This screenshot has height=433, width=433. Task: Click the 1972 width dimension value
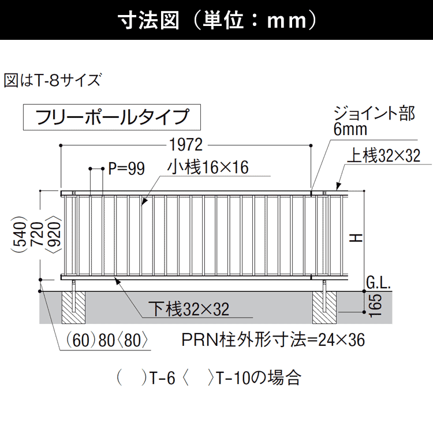186,144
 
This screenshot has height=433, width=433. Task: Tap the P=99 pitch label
126,169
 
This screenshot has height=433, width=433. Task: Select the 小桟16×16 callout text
208,167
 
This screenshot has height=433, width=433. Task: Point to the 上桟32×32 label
384,155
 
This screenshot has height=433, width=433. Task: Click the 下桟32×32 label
189,309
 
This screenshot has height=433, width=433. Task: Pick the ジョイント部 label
374,113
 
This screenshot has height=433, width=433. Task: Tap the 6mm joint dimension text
350,129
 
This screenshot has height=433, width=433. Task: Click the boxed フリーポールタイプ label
112,117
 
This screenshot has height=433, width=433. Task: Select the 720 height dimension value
37,234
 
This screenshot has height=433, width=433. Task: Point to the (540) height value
19,234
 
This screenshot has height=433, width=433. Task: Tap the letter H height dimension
356,238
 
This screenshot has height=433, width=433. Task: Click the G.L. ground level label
378,283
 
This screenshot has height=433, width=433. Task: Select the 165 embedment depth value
376,305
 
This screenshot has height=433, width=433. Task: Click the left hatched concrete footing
73,307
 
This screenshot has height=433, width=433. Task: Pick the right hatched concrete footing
324,307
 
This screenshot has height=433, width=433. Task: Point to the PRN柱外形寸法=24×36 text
273,339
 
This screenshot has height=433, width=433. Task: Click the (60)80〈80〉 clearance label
107,340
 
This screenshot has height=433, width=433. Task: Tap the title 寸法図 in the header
148,20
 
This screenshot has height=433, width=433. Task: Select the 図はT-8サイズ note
53,80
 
